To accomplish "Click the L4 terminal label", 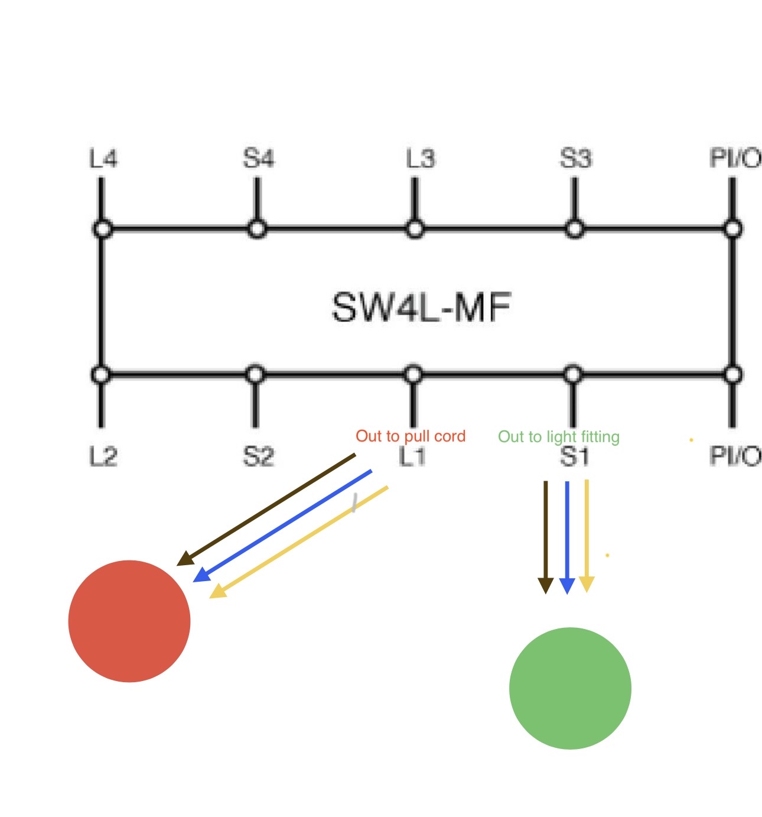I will (x=103, y=159).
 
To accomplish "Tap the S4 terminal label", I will (x=258, y=159).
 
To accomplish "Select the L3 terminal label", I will (x=419, y=159).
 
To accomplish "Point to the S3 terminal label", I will (x=575, y=159).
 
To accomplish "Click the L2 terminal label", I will (x=103, y=456).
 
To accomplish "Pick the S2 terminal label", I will (x=258, y=456).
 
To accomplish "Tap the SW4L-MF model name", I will (x=421, y=307).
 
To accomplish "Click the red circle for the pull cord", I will (x=129, y=621).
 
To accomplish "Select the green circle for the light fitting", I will (x=570, y=688).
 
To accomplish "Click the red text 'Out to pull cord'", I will (x=411, y=436).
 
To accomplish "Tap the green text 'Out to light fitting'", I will (x=559, y=437).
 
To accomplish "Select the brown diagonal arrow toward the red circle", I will (x=267, y=509).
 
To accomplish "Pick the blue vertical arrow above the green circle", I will (x=566, y=535).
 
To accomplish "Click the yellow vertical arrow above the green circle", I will (x=587, y=535).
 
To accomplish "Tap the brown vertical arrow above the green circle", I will (x=545, y=535).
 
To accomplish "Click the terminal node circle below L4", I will (x=102, y=229).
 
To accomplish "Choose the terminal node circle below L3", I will (x=415, y=229).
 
